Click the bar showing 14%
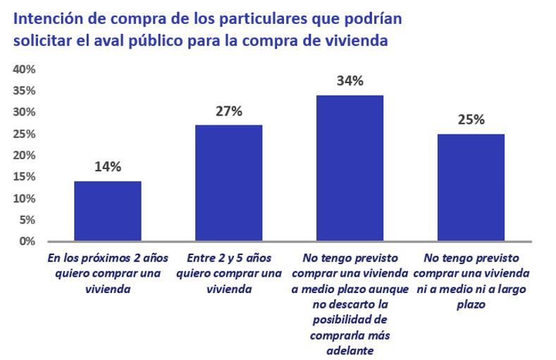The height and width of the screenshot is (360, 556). click(x=107, y=211)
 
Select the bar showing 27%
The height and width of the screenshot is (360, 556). click(x=228, y=183)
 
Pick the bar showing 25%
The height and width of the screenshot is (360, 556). click(x=470, y=187)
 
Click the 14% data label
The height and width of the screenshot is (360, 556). click(x=107, y=167)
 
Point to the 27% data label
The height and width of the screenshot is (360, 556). click(x=228, y=111)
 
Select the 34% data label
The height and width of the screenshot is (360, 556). click(x=350, y=81)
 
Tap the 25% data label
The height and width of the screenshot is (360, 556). click(x=470, y=120)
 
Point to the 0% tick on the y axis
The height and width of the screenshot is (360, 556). click(x=27, y=242)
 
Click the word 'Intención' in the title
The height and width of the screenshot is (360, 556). click(x=46, y=16)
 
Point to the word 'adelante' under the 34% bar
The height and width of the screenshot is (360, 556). click(x=350, y=350)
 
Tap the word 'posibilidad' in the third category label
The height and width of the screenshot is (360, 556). click(x=350, y=321)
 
